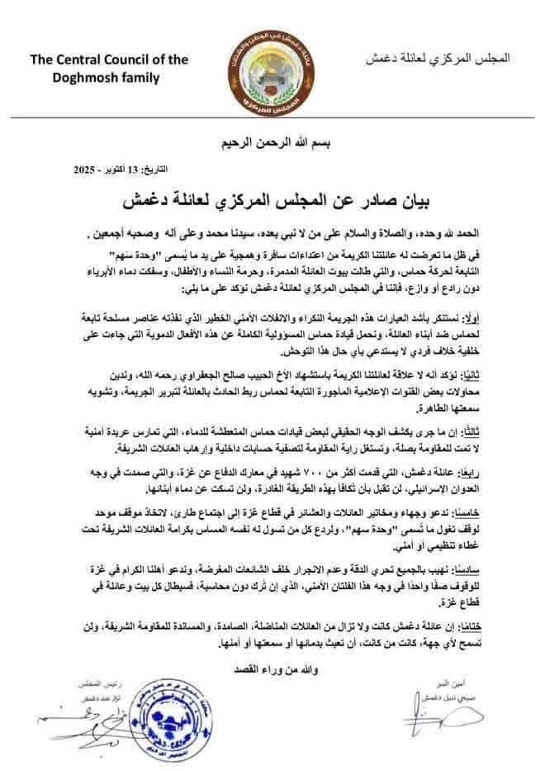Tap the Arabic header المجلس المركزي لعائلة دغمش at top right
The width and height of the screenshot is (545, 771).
[x=437, y=59]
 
